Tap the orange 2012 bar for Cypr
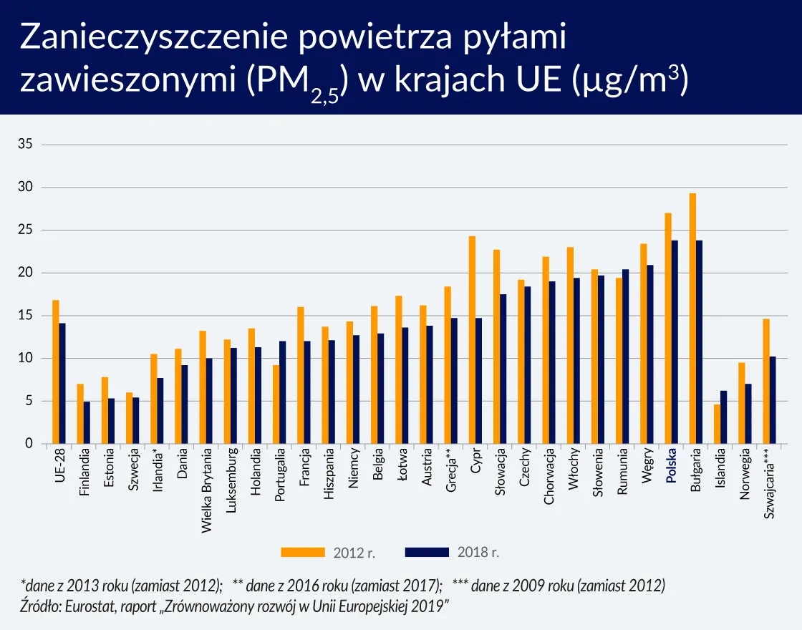472,340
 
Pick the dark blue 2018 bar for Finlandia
87,422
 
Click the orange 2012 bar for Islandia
717,425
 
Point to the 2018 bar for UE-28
62,384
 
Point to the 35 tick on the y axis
25,145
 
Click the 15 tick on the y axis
25,316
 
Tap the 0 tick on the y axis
29,444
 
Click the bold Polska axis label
671,467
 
